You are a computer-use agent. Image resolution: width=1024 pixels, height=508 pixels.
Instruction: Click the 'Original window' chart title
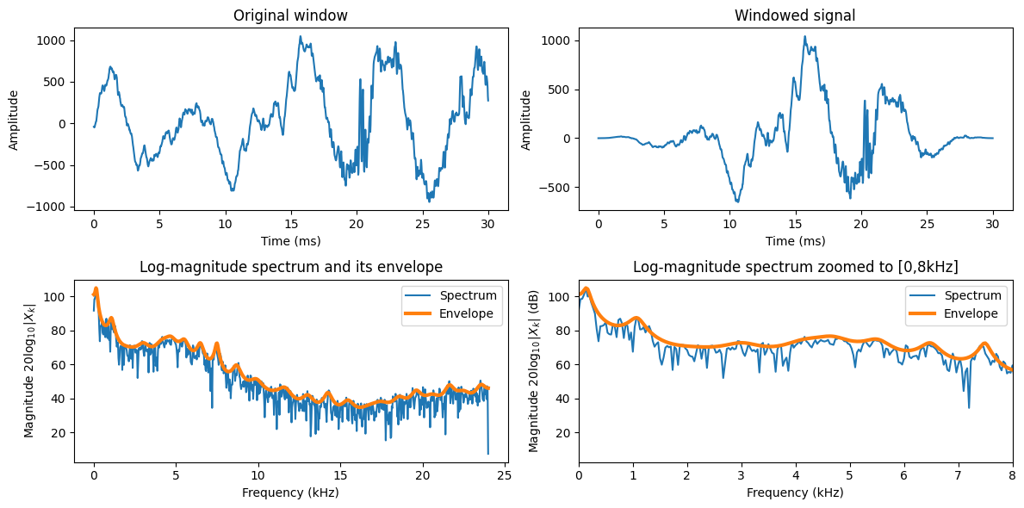[290, 15]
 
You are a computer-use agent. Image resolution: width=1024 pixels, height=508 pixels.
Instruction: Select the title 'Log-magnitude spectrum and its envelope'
[290, 267]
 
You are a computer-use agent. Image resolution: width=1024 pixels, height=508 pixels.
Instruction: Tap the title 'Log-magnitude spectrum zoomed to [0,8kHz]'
[795, 267]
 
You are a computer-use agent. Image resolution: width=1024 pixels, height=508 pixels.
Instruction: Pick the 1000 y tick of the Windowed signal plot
[558, 40]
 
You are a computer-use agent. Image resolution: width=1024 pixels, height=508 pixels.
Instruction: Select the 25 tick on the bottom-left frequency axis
[505, 475]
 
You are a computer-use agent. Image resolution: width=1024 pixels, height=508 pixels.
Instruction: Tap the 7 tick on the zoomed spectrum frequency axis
[958, 475]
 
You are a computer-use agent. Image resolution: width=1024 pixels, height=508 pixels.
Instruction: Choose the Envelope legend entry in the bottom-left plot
[465, 314]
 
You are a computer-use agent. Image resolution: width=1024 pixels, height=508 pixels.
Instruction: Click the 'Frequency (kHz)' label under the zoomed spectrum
[795, 493]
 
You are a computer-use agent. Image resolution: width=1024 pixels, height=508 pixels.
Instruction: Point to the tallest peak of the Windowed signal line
[804, 37]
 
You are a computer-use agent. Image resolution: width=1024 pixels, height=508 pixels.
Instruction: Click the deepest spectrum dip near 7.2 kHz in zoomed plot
[969, 407]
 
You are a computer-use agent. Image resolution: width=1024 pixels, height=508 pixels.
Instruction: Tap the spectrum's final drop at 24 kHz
[488, 453]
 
